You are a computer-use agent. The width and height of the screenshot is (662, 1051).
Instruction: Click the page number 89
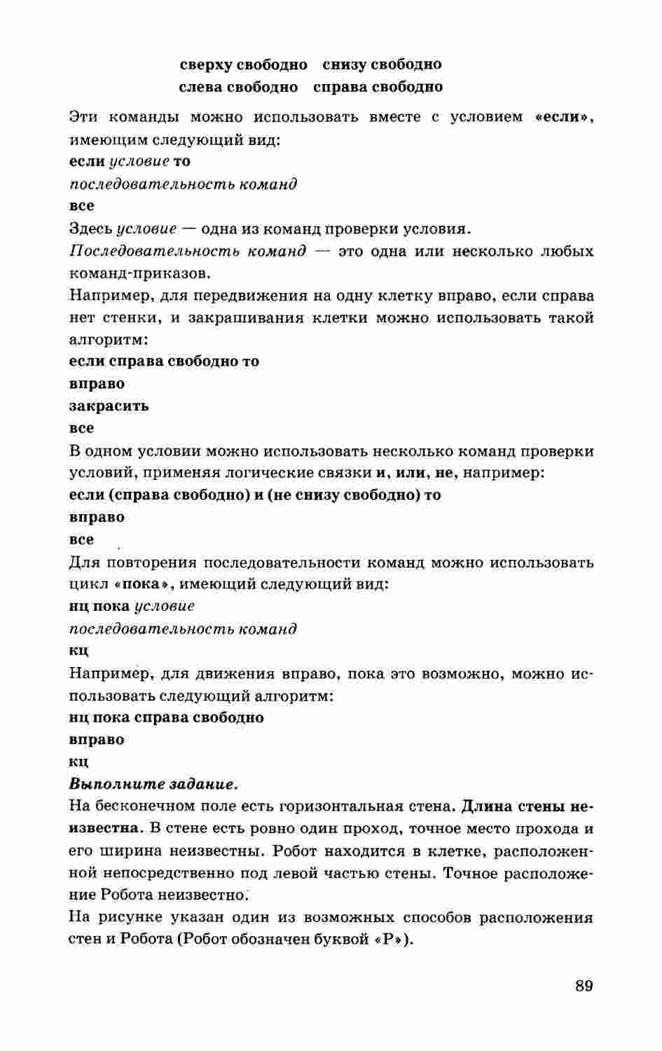(x=584, y=986)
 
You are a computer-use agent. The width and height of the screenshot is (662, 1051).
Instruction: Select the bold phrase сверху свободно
(x=243, y=64)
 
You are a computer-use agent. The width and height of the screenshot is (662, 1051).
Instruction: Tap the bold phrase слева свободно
(x=238, y=87)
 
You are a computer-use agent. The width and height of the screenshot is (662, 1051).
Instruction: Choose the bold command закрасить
(x=109, y=406)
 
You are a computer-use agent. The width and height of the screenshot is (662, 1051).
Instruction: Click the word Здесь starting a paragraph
(x=90, y=228)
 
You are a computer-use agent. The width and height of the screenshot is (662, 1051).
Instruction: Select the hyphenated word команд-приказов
(x=139, y=273)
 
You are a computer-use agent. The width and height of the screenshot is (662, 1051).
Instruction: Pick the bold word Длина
(x=486, y=806)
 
